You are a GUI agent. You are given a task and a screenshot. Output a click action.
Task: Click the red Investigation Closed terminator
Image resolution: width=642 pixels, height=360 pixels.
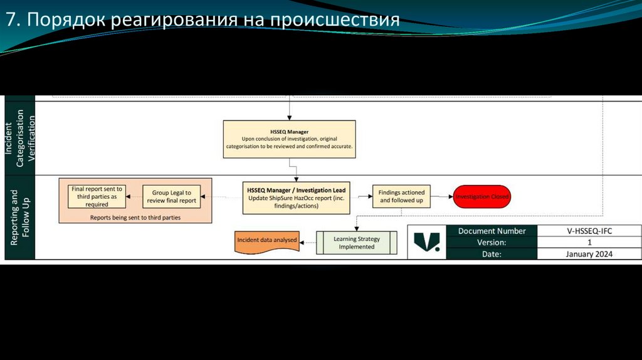(x=481, y=196)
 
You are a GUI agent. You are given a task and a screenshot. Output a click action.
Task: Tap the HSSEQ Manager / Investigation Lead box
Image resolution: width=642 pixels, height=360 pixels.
(x=296, y=197)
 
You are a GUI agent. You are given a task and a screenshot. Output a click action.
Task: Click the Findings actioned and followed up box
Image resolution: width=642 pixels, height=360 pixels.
(x=402, y=196)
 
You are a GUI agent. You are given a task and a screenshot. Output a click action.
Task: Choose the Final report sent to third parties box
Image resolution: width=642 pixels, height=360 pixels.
(x=97, y=196)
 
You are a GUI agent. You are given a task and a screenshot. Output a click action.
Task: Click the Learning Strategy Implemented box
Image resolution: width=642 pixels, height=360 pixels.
(x=356, y=243)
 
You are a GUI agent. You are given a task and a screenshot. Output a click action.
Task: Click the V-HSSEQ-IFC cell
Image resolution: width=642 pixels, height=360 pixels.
(x=589, y=231)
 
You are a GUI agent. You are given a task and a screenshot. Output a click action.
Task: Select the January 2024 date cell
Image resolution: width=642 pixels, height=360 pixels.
(x=589, y=254)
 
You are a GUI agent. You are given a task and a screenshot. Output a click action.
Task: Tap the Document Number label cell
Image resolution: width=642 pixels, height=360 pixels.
(x=492, y=231)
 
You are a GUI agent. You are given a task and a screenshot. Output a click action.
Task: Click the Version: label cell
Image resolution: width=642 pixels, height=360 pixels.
(x=492, y=242)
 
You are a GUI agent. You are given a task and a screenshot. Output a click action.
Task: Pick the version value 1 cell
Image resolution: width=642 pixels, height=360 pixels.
(x=589, y=242)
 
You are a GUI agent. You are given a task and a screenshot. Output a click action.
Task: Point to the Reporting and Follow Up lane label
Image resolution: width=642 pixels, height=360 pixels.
(x=19, y=218)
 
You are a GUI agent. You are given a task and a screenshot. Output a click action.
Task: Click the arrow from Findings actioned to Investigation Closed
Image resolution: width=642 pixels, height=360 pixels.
(x=442, y=196)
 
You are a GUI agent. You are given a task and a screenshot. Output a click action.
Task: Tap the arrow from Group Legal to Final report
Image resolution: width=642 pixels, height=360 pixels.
(x=133, y=197)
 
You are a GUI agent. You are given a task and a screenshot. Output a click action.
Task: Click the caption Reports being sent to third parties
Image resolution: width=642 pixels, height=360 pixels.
(x=135, y=217)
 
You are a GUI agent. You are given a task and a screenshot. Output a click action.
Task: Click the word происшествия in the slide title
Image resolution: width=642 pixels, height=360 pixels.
(x=335, y=19)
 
